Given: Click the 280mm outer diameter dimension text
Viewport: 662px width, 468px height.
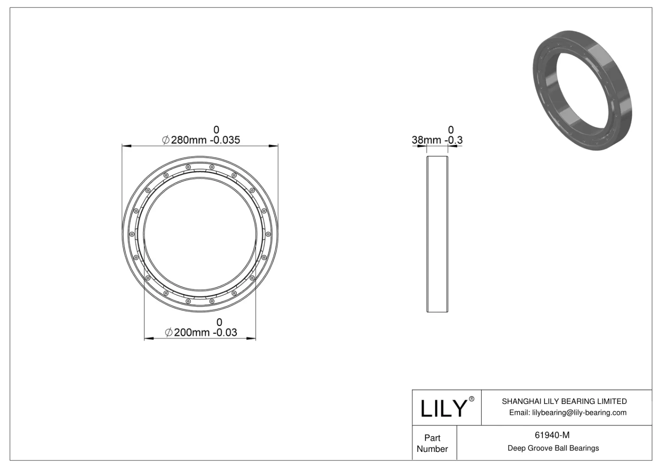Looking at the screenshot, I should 189,140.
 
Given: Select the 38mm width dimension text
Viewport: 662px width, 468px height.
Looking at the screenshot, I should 426,140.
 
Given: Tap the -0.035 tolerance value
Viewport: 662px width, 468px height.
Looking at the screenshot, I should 225,140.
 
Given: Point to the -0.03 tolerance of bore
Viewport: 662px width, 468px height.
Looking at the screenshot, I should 225,332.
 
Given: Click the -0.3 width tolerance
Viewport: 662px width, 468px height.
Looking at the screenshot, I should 454,140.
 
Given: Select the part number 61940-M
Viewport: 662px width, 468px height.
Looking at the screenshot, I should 552,435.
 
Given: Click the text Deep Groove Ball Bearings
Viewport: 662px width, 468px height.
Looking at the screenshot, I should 553,448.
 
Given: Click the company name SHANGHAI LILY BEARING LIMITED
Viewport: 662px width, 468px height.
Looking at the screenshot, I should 564,401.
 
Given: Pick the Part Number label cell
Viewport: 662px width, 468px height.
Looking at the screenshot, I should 432,443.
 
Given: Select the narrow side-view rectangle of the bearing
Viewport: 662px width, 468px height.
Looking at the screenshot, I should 437,234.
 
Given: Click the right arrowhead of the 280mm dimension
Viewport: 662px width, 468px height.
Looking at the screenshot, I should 273,146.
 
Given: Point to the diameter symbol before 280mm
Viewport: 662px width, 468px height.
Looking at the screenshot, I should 165,140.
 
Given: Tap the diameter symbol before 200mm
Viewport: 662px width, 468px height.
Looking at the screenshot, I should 169,333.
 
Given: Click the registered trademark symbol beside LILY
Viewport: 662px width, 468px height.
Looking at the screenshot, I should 471,399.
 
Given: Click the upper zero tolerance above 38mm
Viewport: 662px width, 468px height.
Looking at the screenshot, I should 451,130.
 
